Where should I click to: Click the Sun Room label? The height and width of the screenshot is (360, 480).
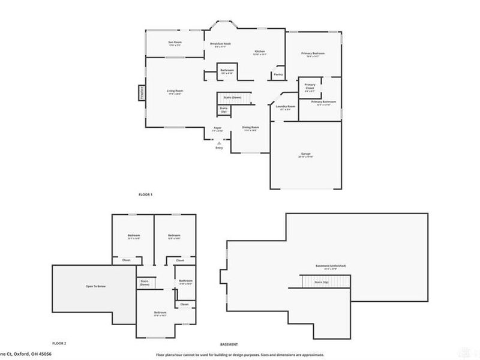(x=175, y=42)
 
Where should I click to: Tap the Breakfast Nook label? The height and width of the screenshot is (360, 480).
(x=220, y=44)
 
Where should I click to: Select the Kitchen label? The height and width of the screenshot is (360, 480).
(x=260, y=52)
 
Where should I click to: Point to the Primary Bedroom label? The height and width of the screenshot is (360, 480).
(x=313, y=53)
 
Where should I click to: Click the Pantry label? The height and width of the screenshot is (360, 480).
(x=278, y=74)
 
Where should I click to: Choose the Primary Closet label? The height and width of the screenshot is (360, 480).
(x=310, y=86)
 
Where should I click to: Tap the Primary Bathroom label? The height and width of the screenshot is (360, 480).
(x=323, y=102)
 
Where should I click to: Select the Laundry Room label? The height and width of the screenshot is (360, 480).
(x=285, y=106)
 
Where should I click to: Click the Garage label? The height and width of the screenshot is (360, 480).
(x=306, y=154)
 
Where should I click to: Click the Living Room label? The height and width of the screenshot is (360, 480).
(x=175, y=91)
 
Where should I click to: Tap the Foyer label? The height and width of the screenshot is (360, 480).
(x=218, y=128)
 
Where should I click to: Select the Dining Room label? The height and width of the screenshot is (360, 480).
(x=250, y=127)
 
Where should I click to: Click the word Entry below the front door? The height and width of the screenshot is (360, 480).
(x=219, y=148)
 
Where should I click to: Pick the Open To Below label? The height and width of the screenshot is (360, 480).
(x=95, y=287)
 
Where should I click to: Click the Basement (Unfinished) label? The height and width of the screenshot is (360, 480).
(x=331, y=265)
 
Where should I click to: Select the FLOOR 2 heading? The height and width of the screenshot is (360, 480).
(x=59, y=343)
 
